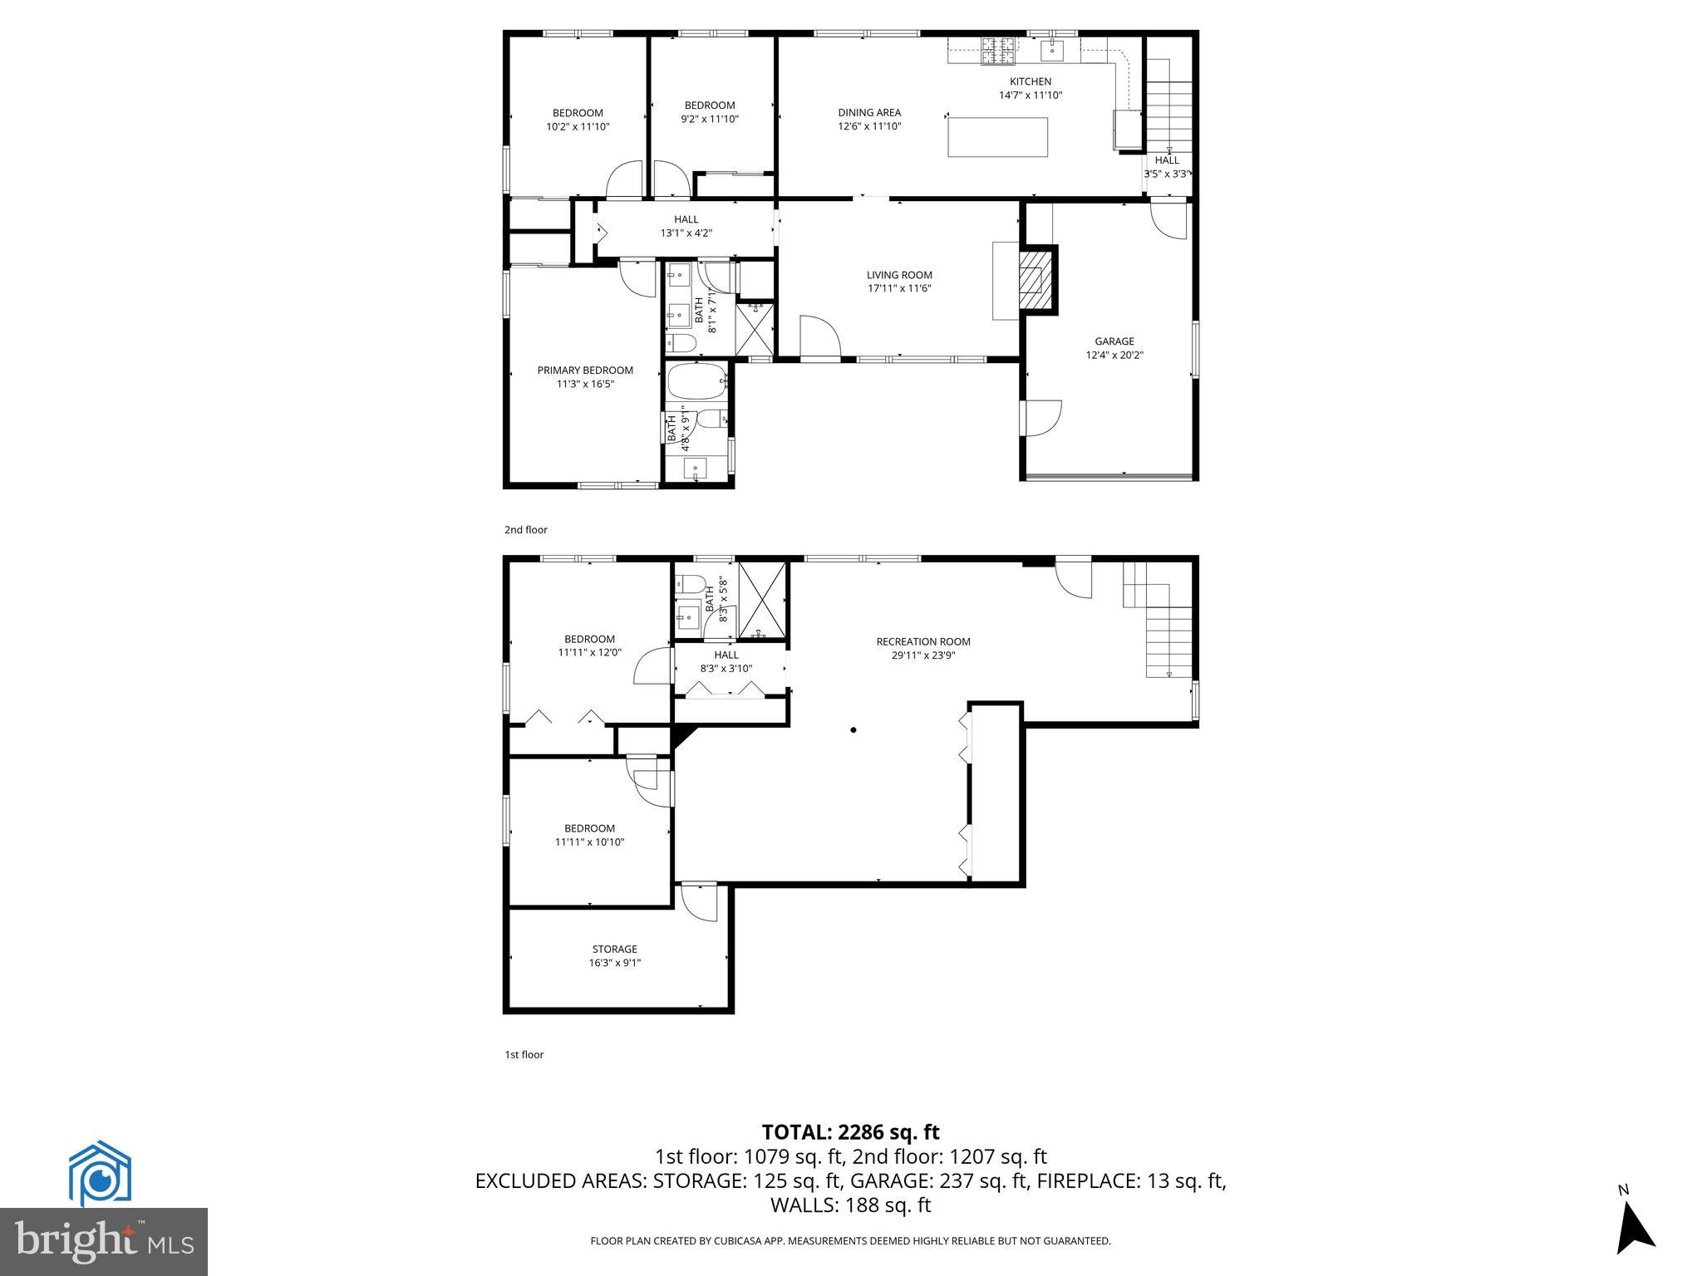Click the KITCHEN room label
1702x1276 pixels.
pos(1030,81)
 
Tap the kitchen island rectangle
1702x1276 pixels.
pos(997,137)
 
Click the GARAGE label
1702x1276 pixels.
pos(1114,341)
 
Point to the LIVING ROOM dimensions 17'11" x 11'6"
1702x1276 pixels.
pos(899,289)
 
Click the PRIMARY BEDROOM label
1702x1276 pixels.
pos(585,371)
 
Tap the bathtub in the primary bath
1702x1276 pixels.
pos(696,382)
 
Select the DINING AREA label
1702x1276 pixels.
pos(869,113)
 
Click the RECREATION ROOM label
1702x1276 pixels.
pos(922,641)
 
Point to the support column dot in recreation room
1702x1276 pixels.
pos(853,730)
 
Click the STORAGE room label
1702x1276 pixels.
pos(615,949)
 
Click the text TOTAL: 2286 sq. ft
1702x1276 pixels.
pos(850,1131)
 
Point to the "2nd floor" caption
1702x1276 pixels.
pos(526,530)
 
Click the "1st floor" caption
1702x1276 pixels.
pos(524,1055)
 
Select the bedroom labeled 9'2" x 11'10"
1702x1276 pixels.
pos(710,112)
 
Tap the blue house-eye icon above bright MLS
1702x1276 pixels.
pos(100,1173)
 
